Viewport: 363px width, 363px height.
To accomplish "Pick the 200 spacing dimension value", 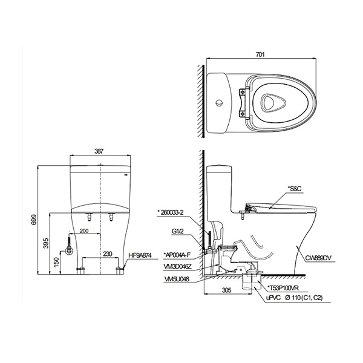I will coord(84,231).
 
